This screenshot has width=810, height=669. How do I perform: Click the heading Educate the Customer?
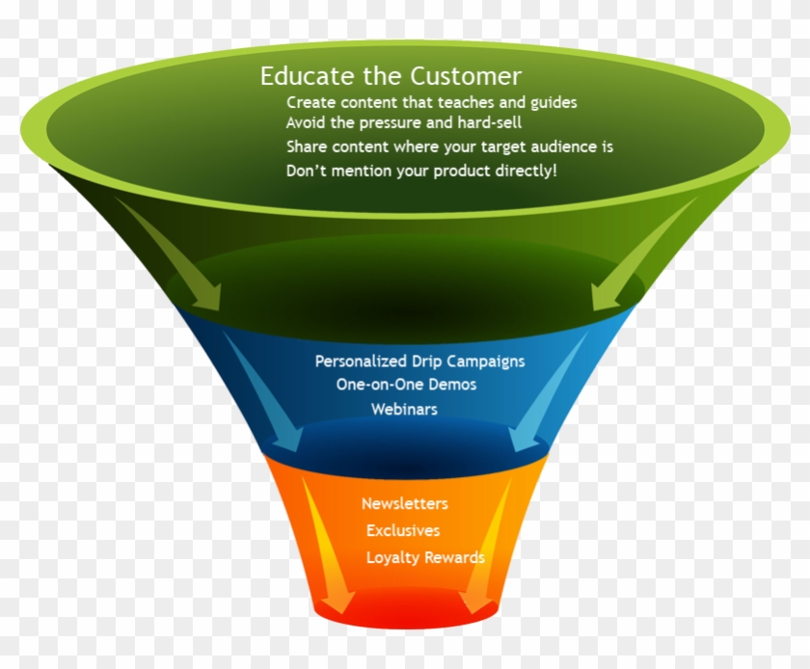point(391,76)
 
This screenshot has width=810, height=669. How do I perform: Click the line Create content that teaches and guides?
point(431,101)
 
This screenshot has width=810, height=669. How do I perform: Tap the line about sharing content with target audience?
point(449,147)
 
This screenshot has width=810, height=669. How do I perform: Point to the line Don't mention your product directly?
point(421,171)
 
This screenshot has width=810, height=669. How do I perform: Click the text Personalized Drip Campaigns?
point(419,361)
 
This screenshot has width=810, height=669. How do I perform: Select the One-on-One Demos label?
point(406,385)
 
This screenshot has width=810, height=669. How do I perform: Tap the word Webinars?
point(404,409)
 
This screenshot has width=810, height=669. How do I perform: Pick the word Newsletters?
point(404,503)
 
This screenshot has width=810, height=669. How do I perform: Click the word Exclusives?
point(402,530)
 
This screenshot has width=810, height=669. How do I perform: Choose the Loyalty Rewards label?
point(424,557)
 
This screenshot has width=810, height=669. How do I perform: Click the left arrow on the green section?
point(174,255)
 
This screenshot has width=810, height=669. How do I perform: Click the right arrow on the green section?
point(640,255)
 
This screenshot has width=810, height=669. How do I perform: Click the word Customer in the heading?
point(467,76)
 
